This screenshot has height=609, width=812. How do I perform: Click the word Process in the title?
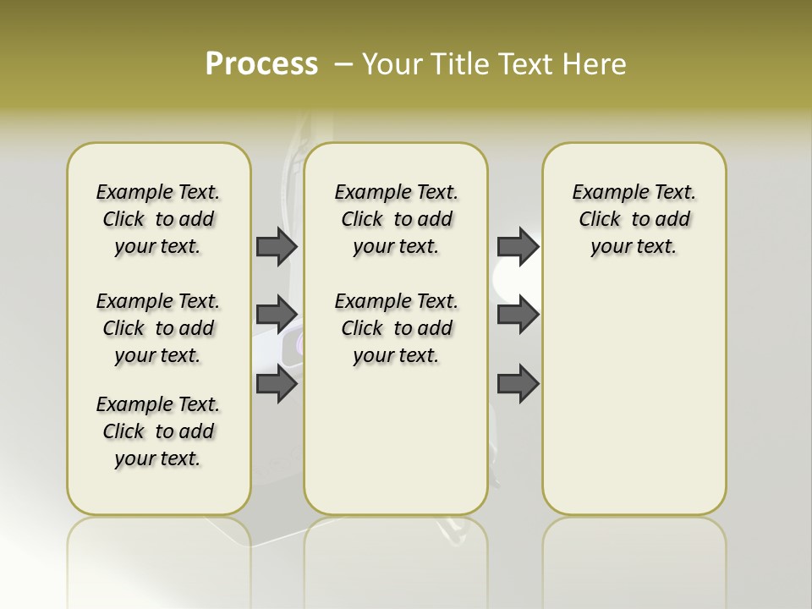[261, 64]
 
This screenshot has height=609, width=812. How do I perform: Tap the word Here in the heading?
[596, 64]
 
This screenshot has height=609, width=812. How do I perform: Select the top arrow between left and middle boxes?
[277, 246]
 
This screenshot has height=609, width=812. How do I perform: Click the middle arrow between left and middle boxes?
[277, 315]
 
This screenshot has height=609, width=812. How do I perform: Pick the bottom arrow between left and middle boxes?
[277, 384]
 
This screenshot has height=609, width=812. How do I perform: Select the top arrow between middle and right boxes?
[518, 246]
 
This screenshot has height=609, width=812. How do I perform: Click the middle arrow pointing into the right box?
[518, 315]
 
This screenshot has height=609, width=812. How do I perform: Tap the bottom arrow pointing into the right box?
[518, 384]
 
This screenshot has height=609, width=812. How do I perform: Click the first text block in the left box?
[158, 219]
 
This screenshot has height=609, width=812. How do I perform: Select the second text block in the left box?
[158, 328]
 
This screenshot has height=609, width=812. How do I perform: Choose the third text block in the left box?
[158, 431]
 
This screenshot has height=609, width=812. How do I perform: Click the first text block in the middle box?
[396, 219]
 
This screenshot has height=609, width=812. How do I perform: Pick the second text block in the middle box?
[396, 328]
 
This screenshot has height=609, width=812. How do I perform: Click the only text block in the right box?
[634, 219]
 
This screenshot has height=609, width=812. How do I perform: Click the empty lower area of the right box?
[634, 406]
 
